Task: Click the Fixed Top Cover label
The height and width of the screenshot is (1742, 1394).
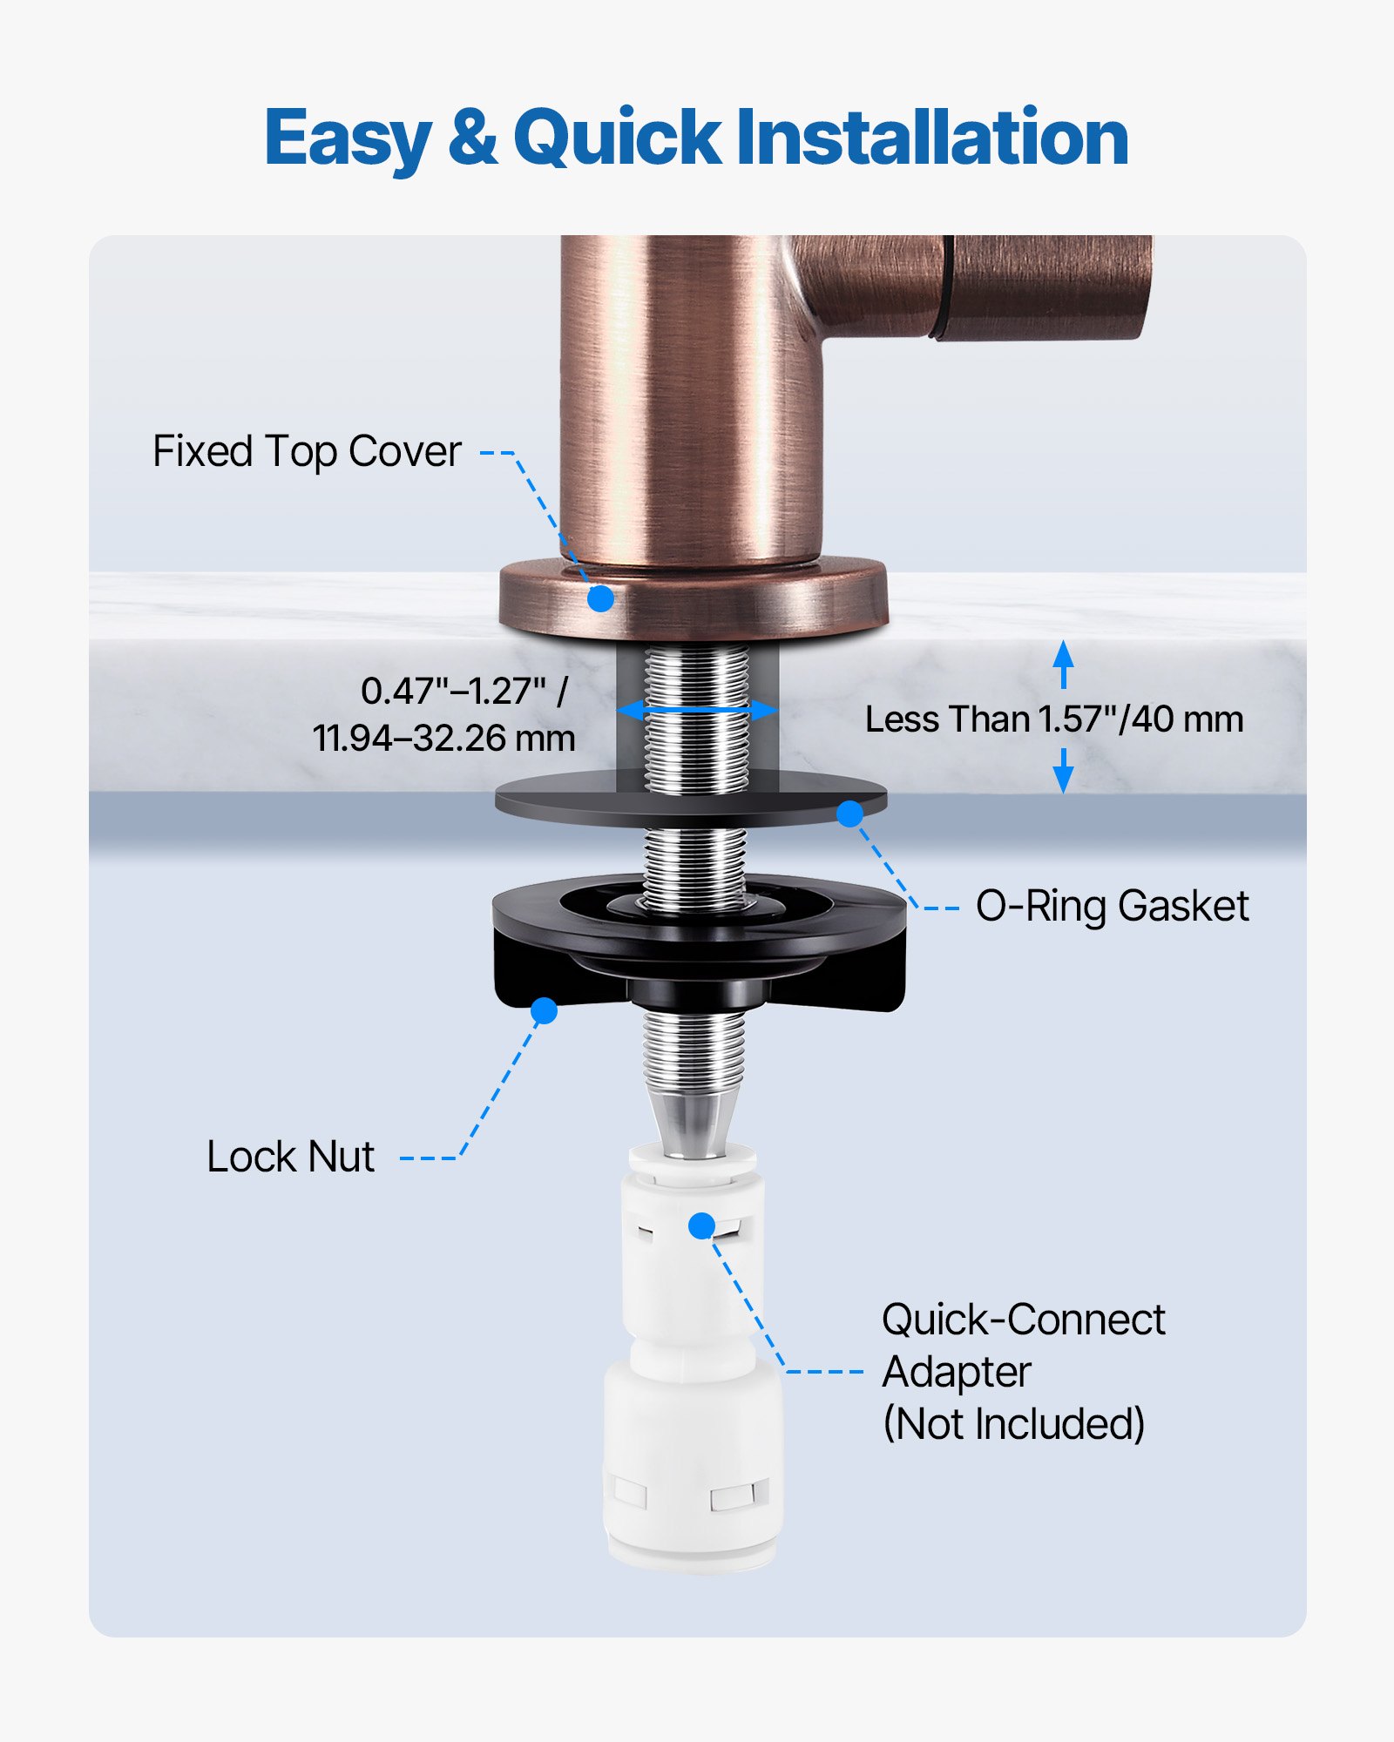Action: tap(307, 451)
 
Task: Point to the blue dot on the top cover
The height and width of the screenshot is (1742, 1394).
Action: tap(600, 598)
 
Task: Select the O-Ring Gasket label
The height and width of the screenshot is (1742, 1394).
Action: tap(1112, 906)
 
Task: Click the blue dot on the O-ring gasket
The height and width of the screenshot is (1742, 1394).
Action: tap(849, 814)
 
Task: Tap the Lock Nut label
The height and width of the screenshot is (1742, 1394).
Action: tap(290, 1157)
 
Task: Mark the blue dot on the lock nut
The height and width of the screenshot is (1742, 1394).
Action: tap(544, 1010)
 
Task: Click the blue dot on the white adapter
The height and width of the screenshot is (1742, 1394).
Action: tap(701, 1225)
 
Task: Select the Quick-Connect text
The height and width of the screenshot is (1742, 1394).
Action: tap(1023, 1320)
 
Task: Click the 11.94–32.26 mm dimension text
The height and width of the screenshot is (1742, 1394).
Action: tap(443, 739)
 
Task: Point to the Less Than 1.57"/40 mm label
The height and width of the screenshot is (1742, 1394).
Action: tap(1053, 719)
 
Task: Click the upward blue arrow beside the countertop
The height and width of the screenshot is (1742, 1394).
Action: tap(1063, 664)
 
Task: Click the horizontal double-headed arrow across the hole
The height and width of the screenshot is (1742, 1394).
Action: tap(696, 710)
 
